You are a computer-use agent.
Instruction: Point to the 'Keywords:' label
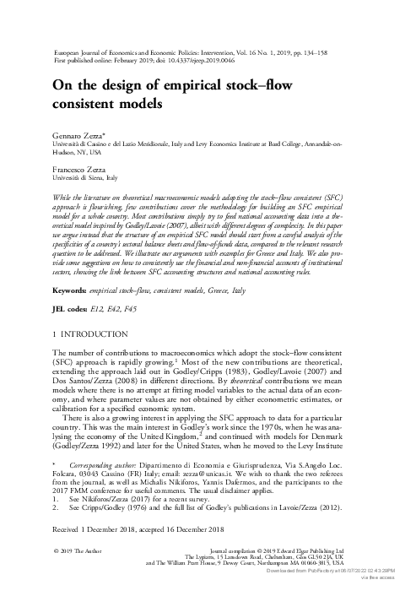pyautogui.click(x=73, y=266)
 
